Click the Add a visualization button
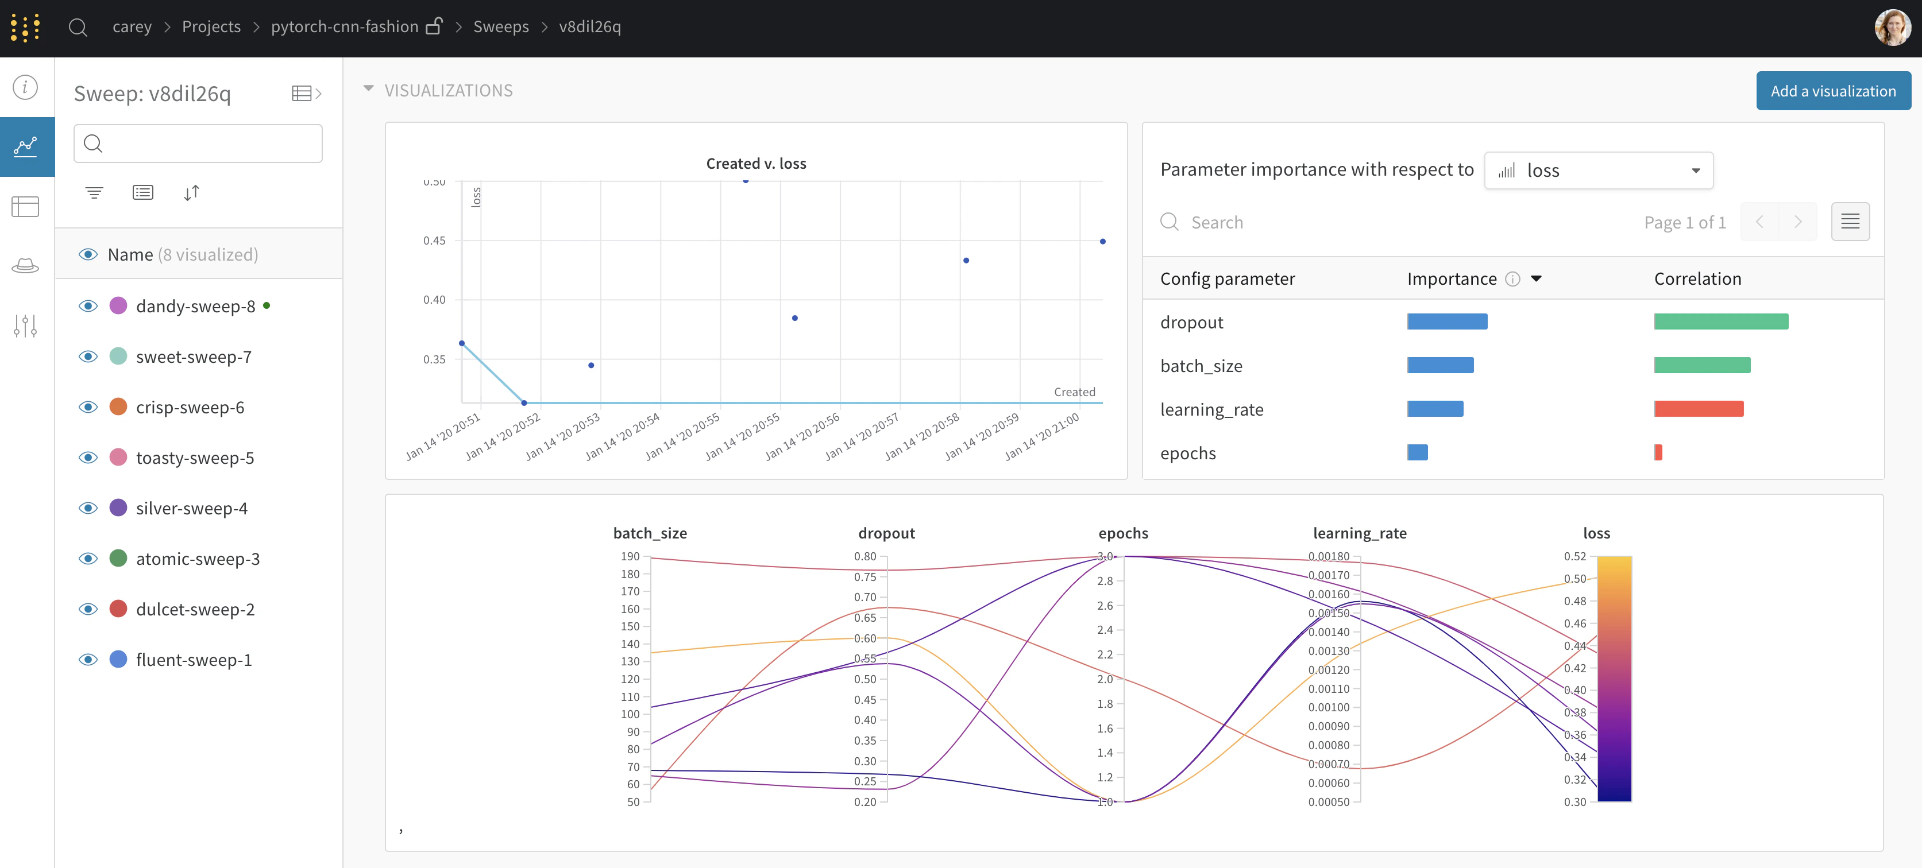pyautogui.click(x=1832, y=91)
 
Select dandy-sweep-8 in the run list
pyautogui.click(x=195, y=306)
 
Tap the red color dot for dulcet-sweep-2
pyautogui.click(x=118, y=609)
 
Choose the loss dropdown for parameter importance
pyautogui.click(x=1597, y=170)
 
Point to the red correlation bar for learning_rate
pyautogui.click(x=1697, y=409)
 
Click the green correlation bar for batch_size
pyautogui.click(x=1701, y=365)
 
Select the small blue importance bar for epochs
pyautogui.click(x=1417, y=452)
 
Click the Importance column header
pyautogui.click(x=1451, y=279)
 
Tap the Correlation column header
pyautogui.click(x=1697, y=279)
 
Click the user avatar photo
pyautogui.click(x=1892, y=28)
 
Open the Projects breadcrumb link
pyautogui.click(x=211, y=27)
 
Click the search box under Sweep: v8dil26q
pyautogui.click(x=198, y=143)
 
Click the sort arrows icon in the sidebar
pyautogui.click(x=191, y=193)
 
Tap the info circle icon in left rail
pyautogui.click(x=25, y=87)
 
